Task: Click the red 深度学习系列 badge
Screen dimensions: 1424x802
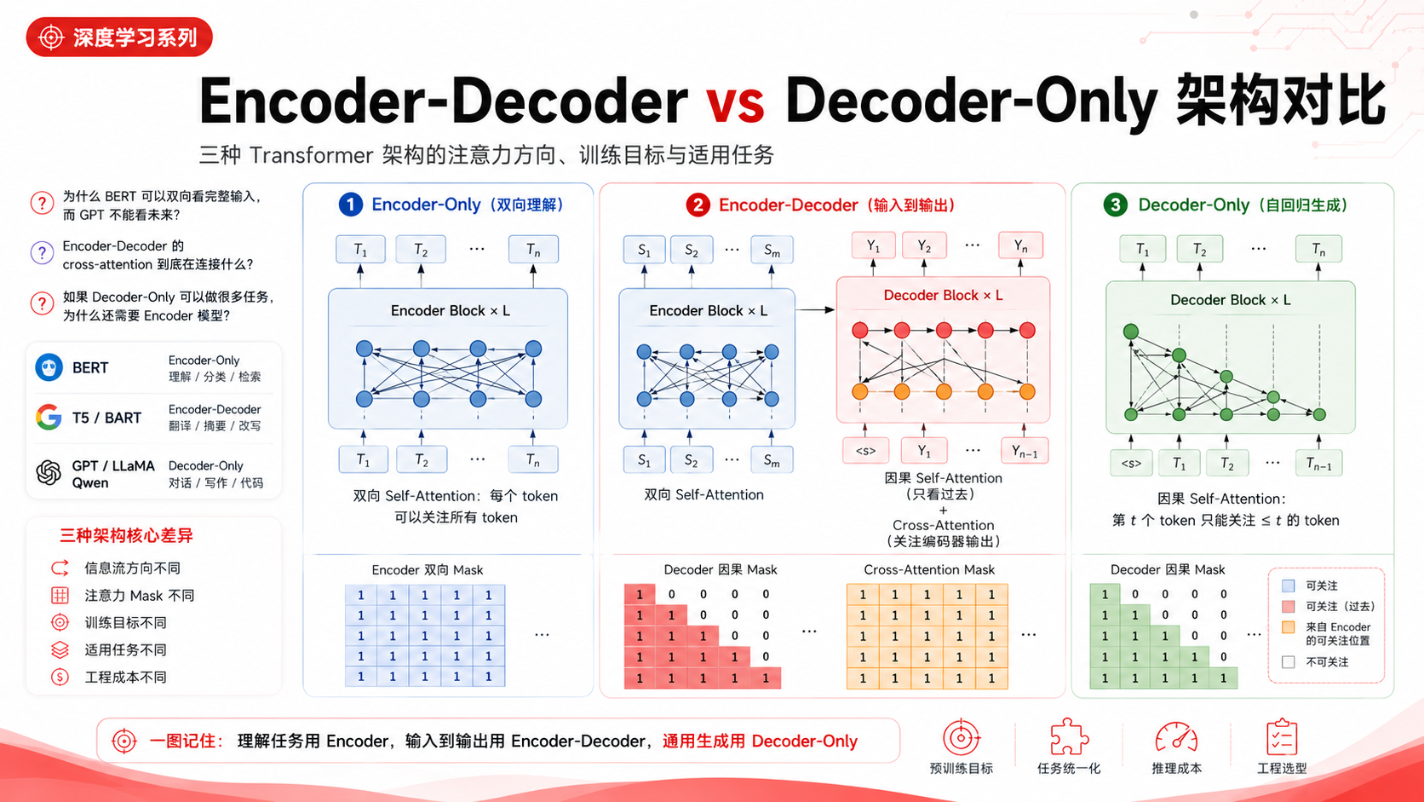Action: pyautogui.click(x=119, y=37)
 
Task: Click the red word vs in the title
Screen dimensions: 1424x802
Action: pyautogui.click(x=735, y=101)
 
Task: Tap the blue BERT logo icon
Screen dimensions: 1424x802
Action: pyautogui.click(x=49, y=367)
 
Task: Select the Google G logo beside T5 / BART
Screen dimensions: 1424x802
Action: pyautogui.click(x=49, y=418)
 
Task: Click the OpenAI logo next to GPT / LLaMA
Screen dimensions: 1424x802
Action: pyautogui.click(x=49, y=472)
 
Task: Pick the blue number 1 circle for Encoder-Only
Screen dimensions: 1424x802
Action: pyautogui.click(x=350, y=205)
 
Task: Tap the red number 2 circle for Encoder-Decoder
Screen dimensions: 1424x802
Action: pyautogui.click(x=698, y=205)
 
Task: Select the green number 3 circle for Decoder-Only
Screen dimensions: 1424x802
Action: pyautogui.click(x=1116, y=205)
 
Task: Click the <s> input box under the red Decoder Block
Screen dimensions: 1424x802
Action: pyautogui.click(x=865, y=451)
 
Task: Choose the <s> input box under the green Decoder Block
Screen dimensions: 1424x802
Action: pyautogui.click(x=1131, y=463)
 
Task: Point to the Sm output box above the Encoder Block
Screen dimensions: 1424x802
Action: pyautogui.click(x=772, y=250)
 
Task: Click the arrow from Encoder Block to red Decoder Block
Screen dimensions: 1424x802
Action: pyautogui.click(x=815, y=309)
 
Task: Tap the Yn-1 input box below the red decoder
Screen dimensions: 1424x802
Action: pyautogui.click(x=1024, y=451)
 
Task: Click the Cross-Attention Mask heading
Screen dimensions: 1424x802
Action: pyautogui.click(x=929, y=570)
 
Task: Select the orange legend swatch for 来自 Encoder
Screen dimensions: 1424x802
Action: pyautogui.click(x=1289, y=628)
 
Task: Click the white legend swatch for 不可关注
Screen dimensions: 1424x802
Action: pyautogui.click(x=1289, y=662)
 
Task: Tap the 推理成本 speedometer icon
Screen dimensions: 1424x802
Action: pyautogui.click(x=1176, y=738)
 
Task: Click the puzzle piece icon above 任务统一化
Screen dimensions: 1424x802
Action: pyautogui.click(x=1069, y=737)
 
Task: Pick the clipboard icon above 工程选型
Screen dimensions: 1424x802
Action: pyautogui.click(x=1282, y=737)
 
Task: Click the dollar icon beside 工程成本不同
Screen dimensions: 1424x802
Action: pyautogui.click(x=60, y=677)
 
